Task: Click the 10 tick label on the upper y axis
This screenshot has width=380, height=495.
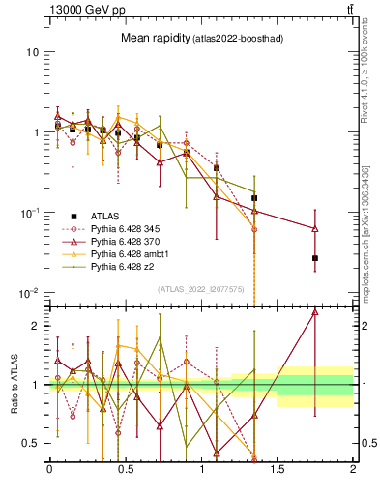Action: [32, 51]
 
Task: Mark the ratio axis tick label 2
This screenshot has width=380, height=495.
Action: [35, 326]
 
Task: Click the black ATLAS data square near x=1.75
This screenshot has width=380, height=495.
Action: [315, 258]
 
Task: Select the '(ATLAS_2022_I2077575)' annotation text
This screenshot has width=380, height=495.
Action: [201, 288]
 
